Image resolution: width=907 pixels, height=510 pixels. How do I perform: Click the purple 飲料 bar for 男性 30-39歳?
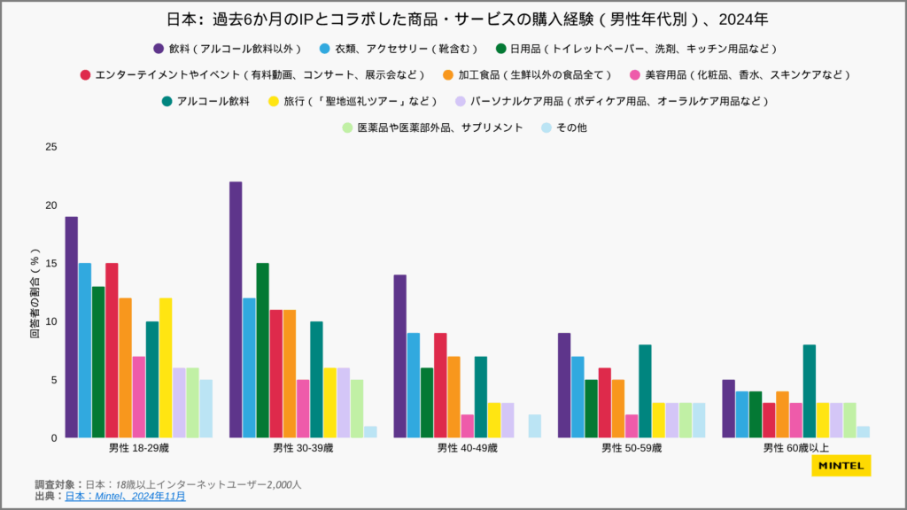[236, 310]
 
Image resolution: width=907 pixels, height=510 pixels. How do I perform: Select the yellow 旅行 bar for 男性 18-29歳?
[166, 367]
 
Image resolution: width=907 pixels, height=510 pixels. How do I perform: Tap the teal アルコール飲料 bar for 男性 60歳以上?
[809, 390]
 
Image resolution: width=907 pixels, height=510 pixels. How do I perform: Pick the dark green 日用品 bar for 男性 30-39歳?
[262, 350]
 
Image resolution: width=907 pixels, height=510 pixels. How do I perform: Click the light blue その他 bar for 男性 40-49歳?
[535, 426]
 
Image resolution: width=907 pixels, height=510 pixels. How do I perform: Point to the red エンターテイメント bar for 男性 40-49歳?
[440, 385]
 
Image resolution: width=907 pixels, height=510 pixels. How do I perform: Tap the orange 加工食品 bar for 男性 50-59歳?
[618, 408]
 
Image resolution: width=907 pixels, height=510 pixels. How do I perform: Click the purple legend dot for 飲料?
[159, 48]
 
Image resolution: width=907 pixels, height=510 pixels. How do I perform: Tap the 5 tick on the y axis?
[53, 380]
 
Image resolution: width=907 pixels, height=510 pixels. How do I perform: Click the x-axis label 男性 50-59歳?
[632, 448]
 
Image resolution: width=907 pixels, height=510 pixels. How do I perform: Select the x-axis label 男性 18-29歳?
[138, 448]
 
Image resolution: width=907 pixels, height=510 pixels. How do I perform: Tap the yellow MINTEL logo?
[841, 466]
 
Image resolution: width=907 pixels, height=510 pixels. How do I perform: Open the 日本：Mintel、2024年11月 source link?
[125, 497]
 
